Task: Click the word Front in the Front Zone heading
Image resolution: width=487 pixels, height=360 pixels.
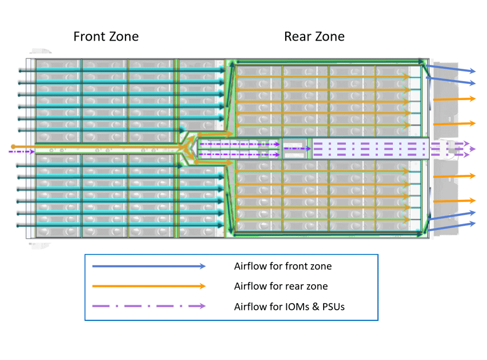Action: point(89,37)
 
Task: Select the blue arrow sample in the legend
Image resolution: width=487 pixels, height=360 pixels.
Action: point(149,266)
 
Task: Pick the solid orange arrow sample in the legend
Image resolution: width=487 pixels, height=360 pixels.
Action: point(149,286)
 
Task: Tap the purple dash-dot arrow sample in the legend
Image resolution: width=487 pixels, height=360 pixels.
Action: point(149,306)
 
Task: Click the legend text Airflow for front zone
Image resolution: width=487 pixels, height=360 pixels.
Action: point(283,266)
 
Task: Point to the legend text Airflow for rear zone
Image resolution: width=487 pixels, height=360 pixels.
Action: point(281,286)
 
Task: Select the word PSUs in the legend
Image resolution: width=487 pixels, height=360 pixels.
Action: point(333,307)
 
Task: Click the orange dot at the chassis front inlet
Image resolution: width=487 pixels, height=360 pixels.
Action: point(13,147)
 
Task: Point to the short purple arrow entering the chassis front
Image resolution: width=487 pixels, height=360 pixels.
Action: point(22,152)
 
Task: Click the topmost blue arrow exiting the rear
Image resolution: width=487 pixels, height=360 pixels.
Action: point(451,69)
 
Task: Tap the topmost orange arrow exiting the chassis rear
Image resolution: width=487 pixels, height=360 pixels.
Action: point(455,99)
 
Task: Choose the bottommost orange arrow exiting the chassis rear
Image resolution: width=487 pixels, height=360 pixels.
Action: point(455,201)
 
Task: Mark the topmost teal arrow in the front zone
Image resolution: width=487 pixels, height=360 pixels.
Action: point(122,71)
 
